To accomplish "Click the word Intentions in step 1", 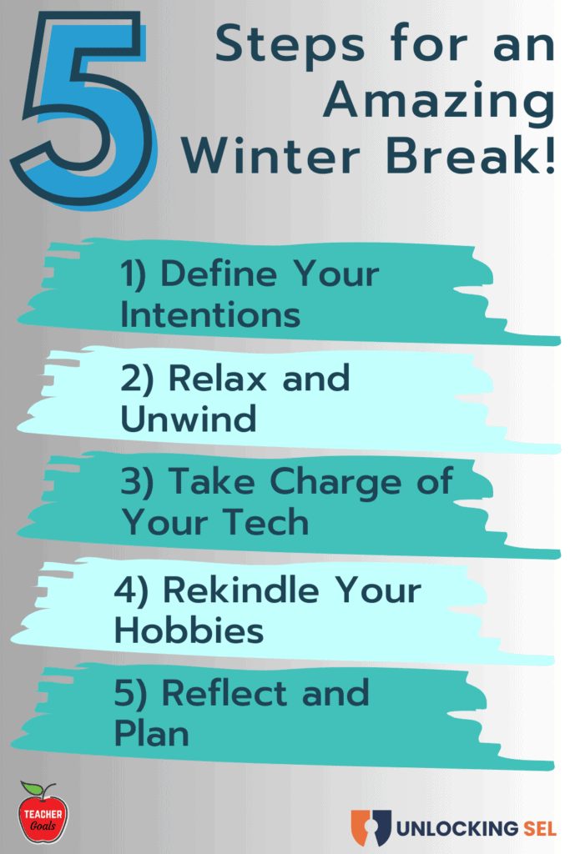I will pyautogui.click(x=209, y=315).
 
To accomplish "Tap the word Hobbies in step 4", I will pyautogui.click(x=189, y=630).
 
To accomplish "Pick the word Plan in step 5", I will pyautogui.click(x=151, y=735).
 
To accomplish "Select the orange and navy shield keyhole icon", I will pyautogui.click(x=371, y=826).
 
